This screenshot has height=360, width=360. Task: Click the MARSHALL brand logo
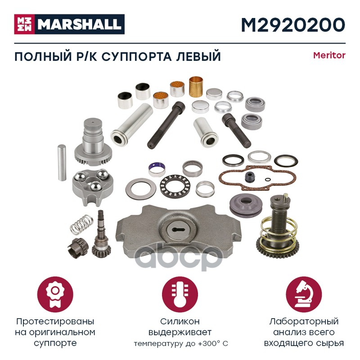tap(69, 24)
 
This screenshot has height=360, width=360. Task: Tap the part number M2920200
tap(293, 25)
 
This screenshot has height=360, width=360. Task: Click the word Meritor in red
tap(329, 55)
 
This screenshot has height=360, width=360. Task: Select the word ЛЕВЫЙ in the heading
tap(198, 57)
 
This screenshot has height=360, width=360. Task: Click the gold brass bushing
tap(196, 86)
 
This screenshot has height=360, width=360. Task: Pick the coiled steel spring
tap(81, 225)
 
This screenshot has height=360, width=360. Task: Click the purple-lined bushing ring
tap(157, 170)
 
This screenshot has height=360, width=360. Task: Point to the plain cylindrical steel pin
tap(62, 162)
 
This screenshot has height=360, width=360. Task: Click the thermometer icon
tap(180, 294)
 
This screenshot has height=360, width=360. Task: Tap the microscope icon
tap(304, 294)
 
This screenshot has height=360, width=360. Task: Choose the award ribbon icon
tap(55, 294)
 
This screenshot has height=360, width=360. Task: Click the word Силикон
tap(180, 321)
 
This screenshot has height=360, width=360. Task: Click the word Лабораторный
tap(304, 321)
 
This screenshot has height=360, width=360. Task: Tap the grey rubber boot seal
tap(245, 205)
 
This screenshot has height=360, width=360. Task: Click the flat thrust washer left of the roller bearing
tap(141, 189)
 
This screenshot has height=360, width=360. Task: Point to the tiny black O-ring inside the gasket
tap(267, 180)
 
